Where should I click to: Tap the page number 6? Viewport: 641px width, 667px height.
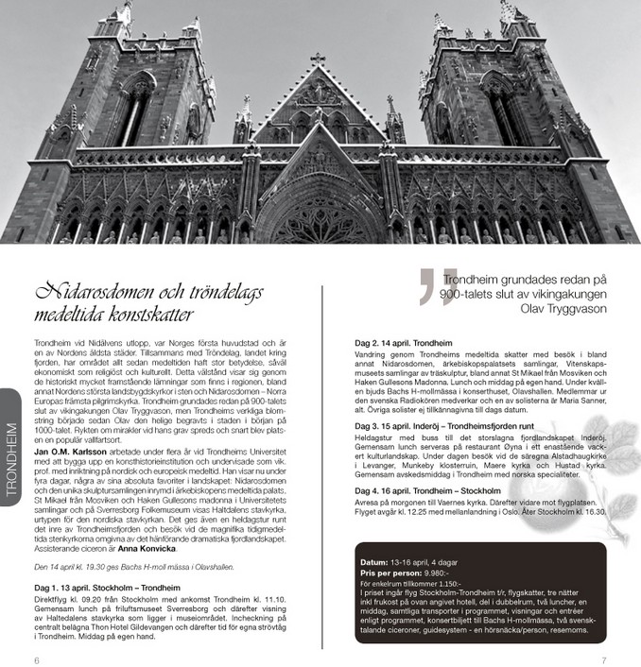(x=36, y=658)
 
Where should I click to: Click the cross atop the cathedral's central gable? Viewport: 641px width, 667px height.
(x=318, y=59)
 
